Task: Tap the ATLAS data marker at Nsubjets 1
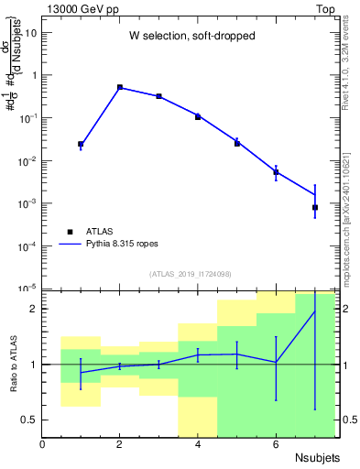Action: [81, 144]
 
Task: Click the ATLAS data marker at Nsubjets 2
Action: [120, 87]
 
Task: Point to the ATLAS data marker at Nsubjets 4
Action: [198, 117]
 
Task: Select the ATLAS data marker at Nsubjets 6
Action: [276, 172]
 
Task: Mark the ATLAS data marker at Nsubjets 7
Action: [315, 207]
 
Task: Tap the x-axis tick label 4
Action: [198, 444]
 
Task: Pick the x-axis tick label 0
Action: [42, 444]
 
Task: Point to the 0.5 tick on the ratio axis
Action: [28, 420]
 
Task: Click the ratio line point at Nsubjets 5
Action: [237, 354]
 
